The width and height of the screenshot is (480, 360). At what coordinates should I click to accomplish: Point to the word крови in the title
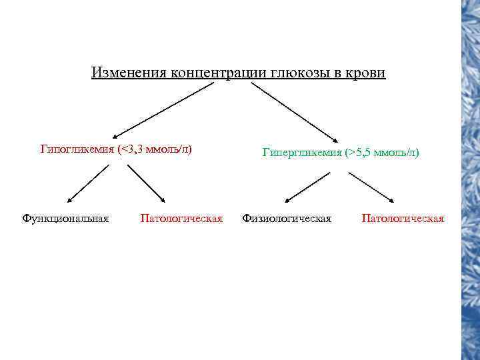point(365,72)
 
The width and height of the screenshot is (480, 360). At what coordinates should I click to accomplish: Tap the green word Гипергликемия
point(302,153)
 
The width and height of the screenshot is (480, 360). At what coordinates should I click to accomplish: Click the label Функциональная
point(65,218)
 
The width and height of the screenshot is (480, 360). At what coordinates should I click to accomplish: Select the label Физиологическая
point(287,218)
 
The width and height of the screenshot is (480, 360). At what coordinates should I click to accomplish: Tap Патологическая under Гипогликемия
point(181,218)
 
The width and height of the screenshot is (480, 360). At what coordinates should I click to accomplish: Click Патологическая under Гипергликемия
point(403,218)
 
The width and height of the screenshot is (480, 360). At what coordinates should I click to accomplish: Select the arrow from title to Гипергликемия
point(298,111)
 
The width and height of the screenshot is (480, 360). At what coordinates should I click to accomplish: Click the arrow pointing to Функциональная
point(88,183)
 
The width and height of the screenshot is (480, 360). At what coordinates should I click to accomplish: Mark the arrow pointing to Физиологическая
point(307,186)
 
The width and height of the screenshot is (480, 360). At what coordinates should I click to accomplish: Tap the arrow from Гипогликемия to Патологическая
point(147,183)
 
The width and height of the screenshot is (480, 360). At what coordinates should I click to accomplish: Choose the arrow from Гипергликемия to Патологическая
point(371,187)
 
